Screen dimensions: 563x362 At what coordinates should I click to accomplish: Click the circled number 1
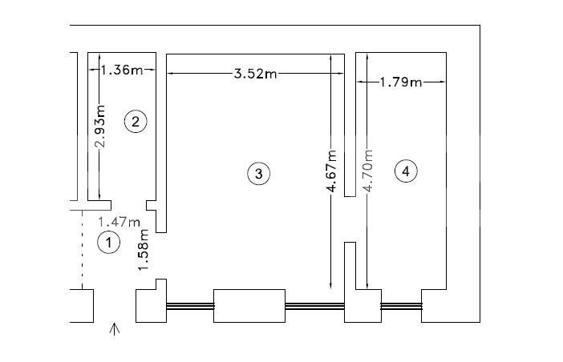point(108,243)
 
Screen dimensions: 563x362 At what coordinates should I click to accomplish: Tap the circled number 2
point(136,122)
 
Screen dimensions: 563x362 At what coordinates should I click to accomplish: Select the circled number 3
point(258,174)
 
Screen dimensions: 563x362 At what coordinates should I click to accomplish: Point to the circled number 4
point(406,171)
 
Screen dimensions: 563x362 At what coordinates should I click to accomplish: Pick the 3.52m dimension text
point(256,74)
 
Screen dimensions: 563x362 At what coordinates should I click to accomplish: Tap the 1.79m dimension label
point(401,82)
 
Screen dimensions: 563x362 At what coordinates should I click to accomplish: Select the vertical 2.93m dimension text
point(100,126)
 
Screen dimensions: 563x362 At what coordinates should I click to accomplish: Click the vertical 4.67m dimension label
point(332,171)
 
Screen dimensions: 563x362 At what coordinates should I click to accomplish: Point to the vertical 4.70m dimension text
point(368,171)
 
